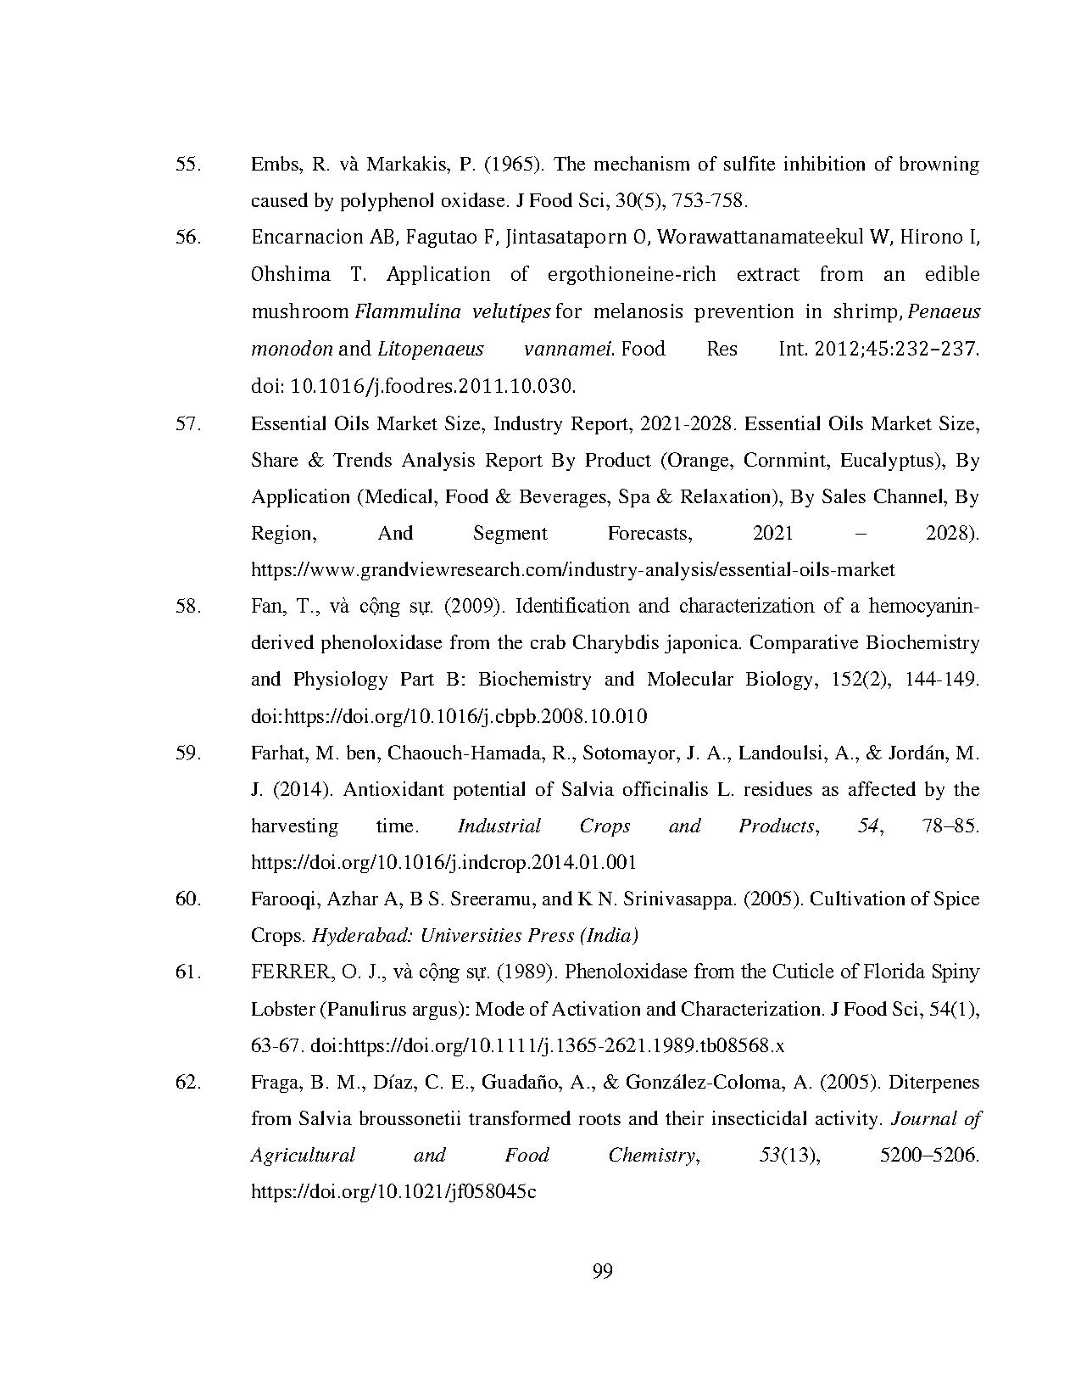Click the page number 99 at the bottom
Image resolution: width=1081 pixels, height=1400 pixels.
coord(603,1270)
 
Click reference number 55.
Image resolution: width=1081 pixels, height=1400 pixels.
coord(187,165)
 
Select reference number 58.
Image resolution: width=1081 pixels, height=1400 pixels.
coord(187,607)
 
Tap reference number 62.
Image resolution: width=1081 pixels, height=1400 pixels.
coord(187,1083)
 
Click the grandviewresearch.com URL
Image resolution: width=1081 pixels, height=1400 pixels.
coord(572,570)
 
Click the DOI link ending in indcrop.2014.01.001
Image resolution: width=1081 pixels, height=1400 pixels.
coord(443,863)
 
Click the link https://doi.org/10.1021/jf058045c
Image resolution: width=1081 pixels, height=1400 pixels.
coord(393,1192)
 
